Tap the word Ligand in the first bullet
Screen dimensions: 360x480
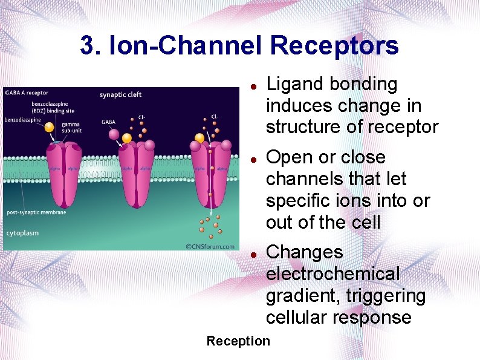click(296, 84)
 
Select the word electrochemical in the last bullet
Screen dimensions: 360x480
click(333, 274)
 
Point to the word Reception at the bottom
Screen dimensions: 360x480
click(238, 341)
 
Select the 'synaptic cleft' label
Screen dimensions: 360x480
click(120, 94)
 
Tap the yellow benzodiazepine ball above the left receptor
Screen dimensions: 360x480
click(49, 127)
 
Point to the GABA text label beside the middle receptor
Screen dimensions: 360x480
click(108, 122)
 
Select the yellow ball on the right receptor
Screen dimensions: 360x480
click(199, 139)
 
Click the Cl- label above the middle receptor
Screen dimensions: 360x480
click(141, 117)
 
